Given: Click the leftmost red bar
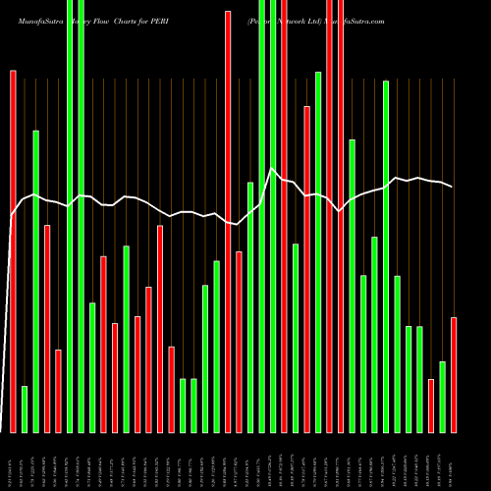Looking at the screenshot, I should (x=13, y=250).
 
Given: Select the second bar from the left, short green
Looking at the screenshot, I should (x=25, y=409).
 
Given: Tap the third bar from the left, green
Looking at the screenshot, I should (x=35, y=281).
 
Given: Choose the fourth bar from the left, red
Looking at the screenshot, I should (x=47, y=328).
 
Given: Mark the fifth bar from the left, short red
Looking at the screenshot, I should (x=58, y=391).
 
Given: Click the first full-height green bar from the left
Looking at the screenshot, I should (x=70, y=216).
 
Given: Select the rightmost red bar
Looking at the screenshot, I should (x=454, y=374).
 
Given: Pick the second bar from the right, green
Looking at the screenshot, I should (x=443, y=397).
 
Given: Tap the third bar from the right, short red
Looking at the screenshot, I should (x=431, y=406).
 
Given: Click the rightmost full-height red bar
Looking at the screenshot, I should (x=341, y=216).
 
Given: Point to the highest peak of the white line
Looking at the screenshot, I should (x=273, y=169).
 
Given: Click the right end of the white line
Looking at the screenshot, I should (x=452, y=187).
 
